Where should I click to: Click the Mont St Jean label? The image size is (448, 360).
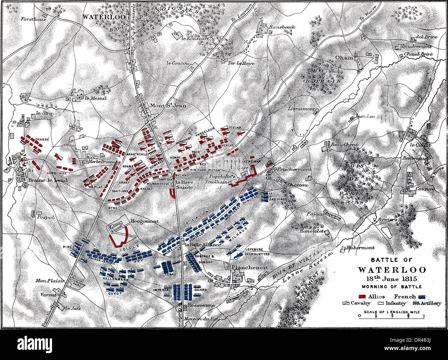tap(168, 106)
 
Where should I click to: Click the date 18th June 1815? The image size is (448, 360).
tap(391, 279)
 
